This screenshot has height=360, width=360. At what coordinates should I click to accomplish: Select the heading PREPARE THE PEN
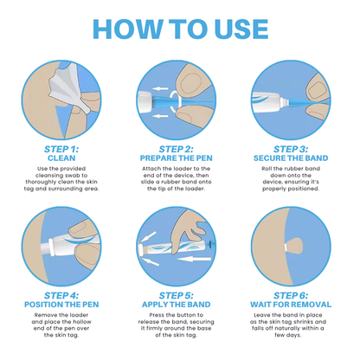click(x=180, y=158)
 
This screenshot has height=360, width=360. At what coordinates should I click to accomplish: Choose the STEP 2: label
click(x=180, y=148)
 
